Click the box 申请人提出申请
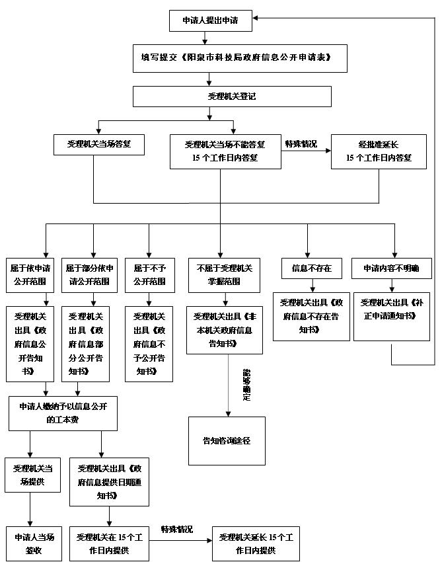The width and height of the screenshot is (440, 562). pyautogui.click(x=209, y=21)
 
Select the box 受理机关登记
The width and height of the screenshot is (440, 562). pyautogui.click(x=232, y=97)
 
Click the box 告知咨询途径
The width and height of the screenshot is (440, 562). pyautogui.click(x=227, y=440)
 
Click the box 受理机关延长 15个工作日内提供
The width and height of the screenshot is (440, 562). pyautogui.click(x=256, y=543)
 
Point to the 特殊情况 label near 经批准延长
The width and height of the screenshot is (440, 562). pyautogui.click(x=301, y=144)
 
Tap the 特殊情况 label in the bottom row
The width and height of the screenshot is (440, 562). pyautogui.click(x=176, y=530)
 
